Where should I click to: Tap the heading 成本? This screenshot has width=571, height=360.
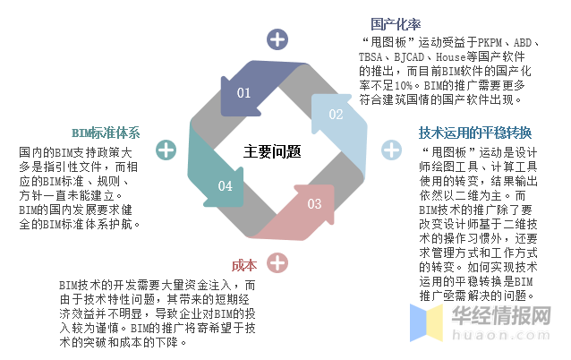point(243,265)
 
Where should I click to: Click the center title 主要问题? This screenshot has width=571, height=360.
point(272,151)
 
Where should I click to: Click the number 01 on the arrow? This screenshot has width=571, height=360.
point(243,92)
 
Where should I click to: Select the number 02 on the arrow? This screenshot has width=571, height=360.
point(336,114)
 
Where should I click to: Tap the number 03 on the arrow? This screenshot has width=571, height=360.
point(314,203)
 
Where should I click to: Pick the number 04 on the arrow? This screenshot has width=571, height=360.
point(225,186)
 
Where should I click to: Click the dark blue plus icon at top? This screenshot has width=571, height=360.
point(278,39)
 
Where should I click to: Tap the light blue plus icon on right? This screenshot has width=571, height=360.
point(391,150)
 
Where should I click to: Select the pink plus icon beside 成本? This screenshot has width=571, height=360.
point(278,262)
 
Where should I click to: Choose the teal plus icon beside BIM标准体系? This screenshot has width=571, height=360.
point(166,150)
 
